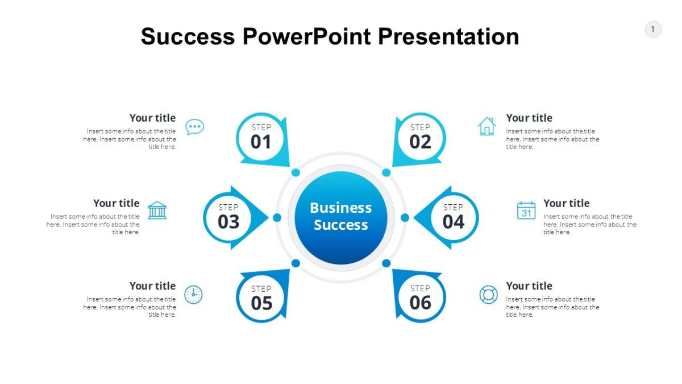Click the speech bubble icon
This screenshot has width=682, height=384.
pos(195,127)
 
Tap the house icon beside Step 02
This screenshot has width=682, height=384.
pos(487,126)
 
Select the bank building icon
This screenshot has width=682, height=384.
pos(157,210)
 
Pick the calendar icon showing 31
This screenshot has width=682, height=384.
pos(526,210)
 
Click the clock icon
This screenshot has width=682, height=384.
pos(193,295)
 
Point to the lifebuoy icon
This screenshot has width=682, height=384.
pos(488,295)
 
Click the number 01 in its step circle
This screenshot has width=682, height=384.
pos(261,142)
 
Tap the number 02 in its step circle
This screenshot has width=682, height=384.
pos(420,142)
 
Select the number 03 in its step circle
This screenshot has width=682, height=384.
pos(228,222)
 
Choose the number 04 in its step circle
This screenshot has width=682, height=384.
pos(454,222)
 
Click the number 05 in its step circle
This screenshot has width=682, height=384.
pos(261,303)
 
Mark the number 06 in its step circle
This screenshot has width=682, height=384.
pos(421,303)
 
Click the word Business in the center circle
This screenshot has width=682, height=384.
pos(340,208)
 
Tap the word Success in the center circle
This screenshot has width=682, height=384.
pos(340,225)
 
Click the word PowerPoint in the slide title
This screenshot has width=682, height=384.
pos(306,36)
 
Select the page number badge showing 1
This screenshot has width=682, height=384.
pos(653,29)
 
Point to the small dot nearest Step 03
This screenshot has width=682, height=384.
pos(277,217)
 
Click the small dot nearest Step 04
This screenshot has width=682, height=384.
pos(405,217)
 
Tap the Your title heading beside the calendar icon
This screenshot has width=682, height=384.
pos(566,203)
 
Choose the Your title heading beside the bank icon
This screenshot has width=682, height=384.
pos(117,203)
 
